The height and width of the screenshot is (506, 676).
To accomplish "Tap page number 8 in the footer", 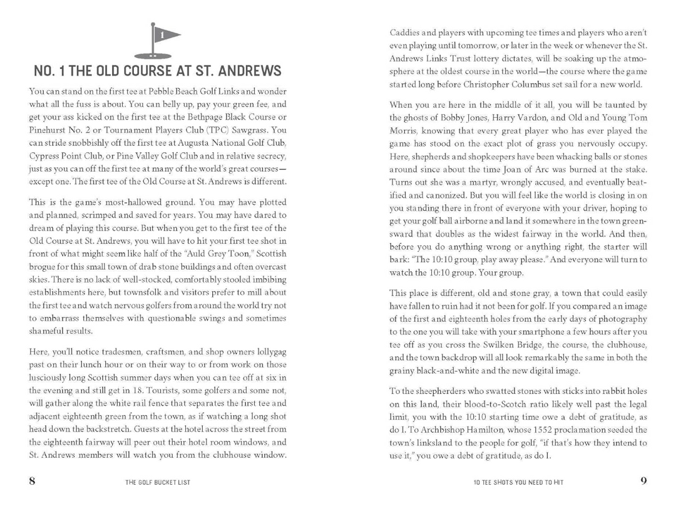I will click(33, 482).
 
